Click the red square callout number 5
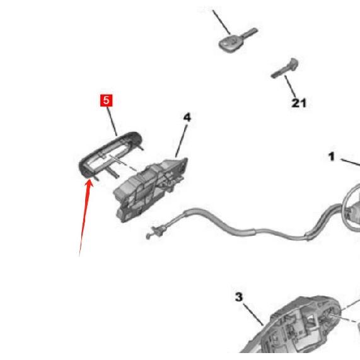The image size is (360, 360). [107, 100]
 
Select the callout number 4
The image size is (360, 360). [187, 117]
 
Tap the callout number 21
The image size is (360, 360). [299, 103]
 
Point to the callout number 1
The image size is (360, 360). [331, 157]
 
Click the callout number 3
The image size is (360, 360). [239, 297]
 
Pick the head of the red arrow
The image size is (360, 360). [89, 182]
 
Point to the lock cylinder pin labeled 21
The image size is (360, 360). [285, 68]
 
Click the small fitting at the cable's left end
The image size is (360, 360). [154, 233]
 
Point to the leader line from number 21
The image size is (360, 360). [290, 87]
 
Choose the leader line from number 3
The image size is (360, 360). [253, 314]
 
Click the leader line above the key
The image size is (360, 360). [221, 22]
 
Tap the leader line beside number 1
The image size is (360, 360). [351, 162]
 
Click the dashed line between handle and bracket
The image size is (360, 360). [123, 163]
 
